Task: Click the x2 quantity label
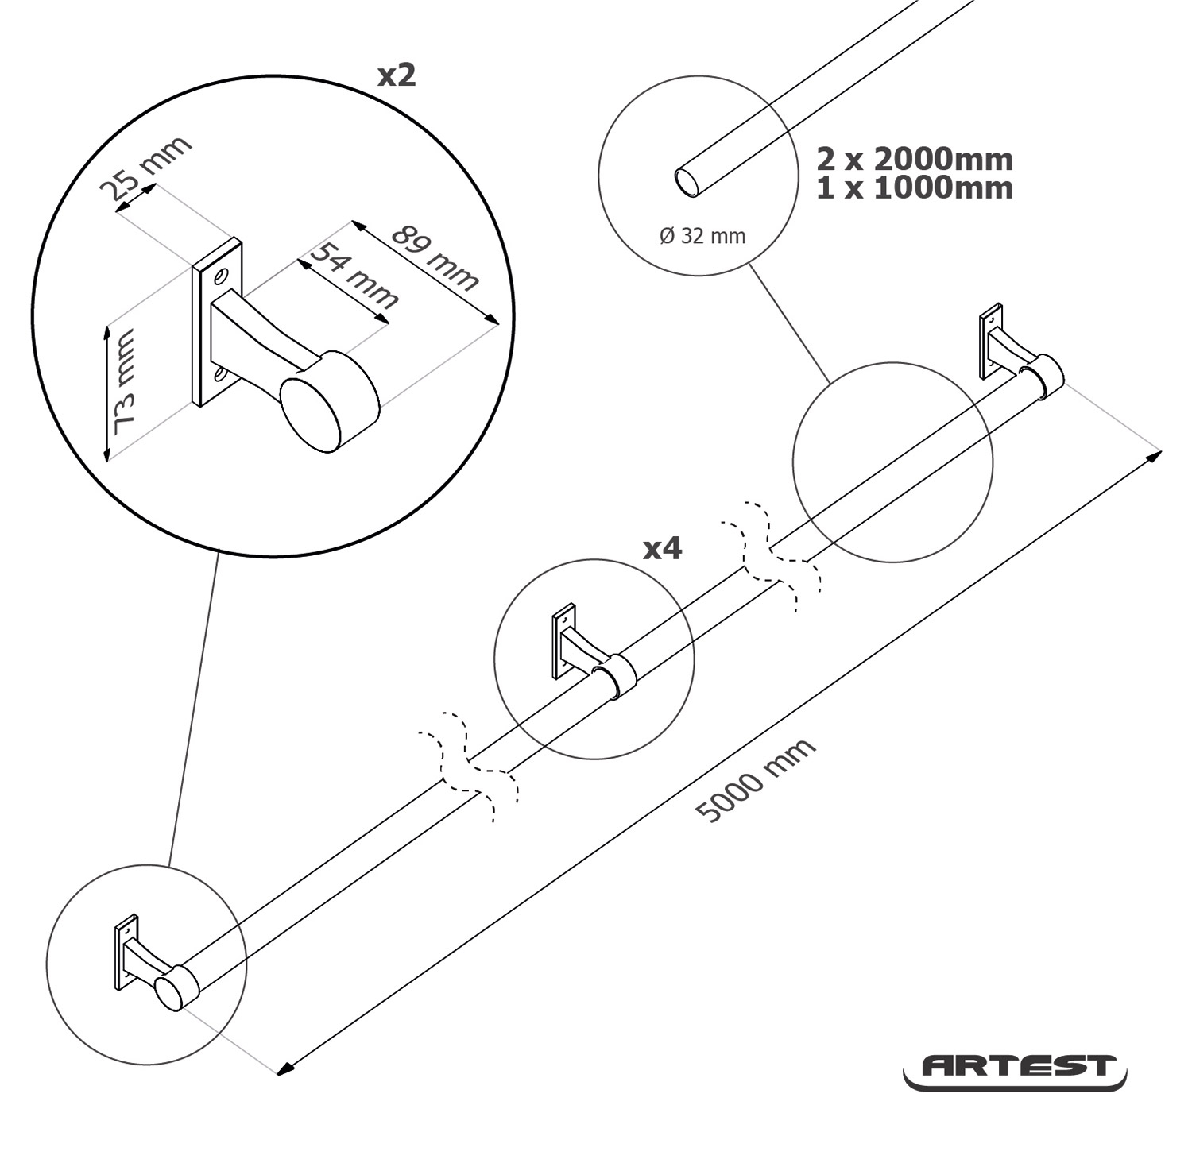396,75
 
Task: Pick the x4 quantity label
662,548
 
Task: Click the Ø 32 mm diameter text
702,236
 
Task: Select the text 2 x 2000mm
915,160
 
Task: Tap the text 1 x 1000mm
915,188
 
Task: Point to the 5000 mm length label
755,779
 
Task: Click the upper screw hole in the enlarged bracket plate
220,277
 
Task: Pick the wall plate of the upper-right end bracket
990,341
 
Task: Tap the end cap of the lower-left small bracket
169,994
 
